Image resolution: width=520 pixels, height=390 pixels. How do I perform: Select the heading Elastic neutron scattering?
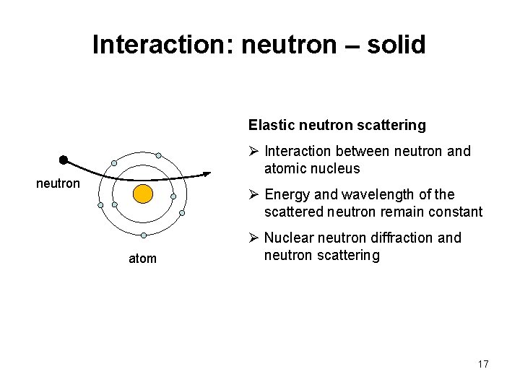[x=337, y=125]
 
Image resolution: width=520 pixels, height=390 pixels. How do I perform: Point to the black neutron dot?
[x=64, y=159]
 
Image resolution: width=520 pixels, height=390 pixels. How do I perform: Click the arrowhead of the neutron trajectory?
[x=207, y=173]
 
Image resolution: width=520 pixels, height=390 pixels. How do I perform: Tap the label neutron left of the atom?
[x=58, y=183]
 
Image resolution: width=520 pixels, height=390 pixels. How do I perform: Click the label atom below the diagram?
[x=142, y=259]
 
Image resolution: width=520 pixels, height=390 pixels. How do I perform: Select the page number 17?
[x=482, y=364]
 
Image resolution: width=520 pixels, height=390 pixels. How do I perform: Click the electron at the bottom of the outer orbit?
[x=144, y=235]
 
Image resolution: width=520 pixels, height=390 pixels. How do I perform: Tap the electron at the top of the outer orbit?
[x=158, y=155]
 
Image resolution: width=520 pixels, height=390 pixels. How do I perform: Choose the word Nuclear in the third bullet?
[x=288, y=238]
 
